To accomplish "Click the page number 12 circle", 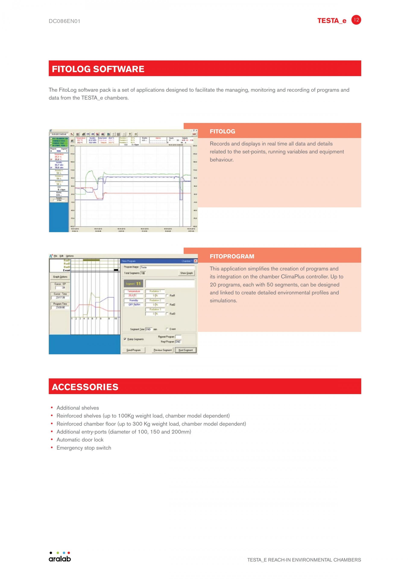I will click(356, 20).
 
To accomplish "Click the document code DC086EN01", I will click(64, 21).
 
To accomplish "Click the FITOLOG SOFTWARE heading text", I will click(98, 69).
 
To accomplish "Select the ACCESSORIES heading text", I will click(85, 387).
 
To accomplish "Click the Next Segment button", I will click(186, 350).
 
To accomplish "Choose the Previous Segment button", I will click(163, 350).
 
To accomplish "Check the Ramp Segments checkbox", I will click(125, 339).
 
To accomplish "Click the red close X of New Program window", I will click(195, 261).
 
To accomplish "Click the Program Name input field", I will click(167, 267).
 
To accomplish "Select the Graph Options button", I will click(60, 277).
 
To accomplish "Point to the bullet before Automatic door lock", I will click(52, 440).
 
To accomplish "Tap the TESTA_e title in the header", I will click(331, 21).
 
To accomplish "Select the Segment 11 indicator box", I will click(133, 284).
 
